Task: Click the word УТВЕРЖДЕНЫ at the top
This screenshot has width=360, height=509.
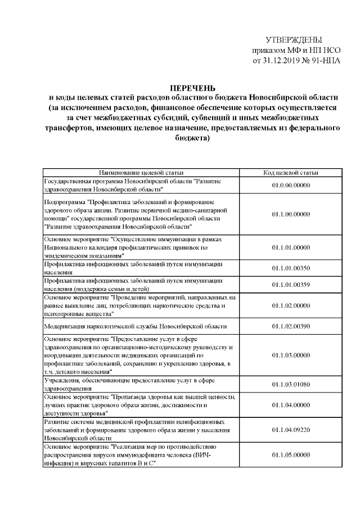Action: pos(294,40)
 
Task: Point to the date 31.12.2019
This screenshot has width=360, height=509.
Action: pos(281,60)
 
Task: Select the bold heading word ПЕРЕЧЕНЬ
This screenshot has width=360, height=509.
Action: pos(193,87)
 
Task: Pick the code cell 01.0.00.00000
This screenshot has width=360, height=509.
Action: pos(290,184)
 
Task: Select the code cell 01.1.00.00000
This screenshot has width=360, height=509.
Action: pos(290,214)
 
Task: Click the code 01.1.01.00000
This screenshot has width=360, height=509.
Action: pos(290,247)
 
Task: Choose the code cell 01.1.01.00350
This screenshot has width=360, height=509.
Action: pos(290,268)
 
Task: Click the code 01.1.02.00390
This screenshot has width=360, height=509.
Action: pos(290,326)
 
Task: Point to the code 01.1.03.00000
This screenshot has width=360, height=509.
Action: pos(290,355)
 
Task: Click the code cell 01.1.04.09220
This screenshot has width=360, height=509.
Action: pos(290,430)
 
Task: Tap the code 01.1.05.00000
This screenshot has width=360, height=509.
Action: pos(290,454)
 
